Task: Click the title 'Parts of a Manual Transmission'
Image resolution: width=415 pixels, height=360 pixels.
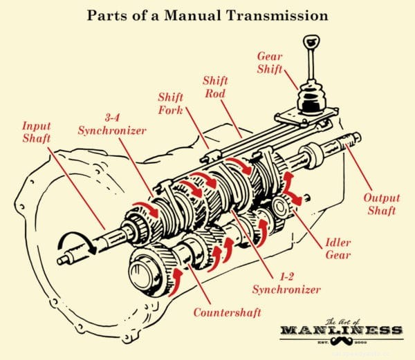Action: click(207, 13)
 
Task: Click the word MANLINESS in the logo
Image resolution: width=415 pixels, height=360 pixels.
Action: click(340, 330)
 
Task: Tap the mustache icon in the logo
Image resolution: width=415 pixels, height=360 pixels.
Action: click(340, 343)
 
